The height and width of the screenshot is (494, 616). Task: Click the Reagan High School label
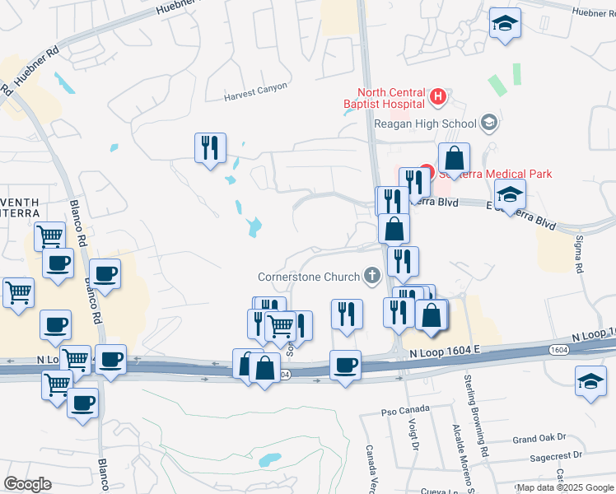pos(425,123)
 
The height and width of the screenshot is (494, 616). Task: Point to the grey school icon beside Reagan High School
pos(489,123)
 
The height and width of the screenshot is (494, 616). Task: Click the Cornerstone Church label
pos(310,276)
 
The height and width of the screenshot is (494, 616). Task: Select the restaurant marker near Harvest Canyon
pos(210,148)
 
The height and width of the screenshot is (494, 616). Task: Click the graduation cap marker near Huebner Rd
pos(505,25)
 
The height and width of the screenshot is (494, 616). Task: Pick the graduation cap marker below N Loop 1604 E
pos(590,380)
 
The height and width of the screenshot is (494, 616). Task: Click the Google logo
pos(27,484)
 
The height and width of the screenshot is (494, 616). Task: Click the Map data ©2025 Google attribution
pos(565,487)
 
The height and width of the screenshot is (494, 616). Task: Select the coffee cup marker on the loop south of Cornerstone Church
pos(345,364)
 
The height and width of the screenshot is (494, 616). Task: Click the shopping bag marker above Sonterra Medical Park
pos(453,156)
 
